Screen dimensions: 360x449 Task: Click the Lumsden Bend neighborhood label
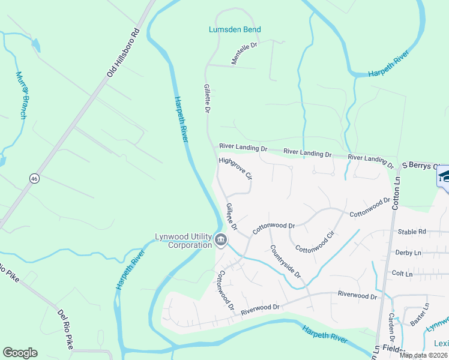[x=235, y=29]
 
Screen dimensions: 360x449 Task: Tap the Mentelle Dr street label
[x=244, y=53]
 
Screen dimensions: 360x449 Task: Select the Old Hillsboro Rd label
[x=123, y=53]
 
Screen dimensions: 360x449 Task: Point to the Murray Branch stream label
[x=22, y=95]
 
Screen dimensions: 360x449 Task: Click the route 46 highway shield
[x=35, y=178]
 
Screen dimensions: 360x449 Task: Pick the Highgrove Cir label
[x=235, y=169]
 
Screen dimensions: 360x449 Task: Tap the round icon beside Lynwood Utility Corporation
[x=220, y=241]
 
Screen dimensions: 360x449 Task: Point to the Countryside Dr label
[x=285, y=261]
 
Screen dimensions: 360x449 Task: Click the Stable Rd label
[x=412, y=231]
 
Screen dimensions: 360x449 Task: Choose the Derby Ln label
[x=409, y=253]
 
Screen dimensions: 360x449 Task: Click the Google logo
[x=20, y=353]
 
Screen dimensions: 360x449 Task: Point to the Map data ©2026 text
[x=423, y=355]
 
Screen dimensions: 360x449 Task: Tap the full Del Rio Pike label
[x=65, y=329]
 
